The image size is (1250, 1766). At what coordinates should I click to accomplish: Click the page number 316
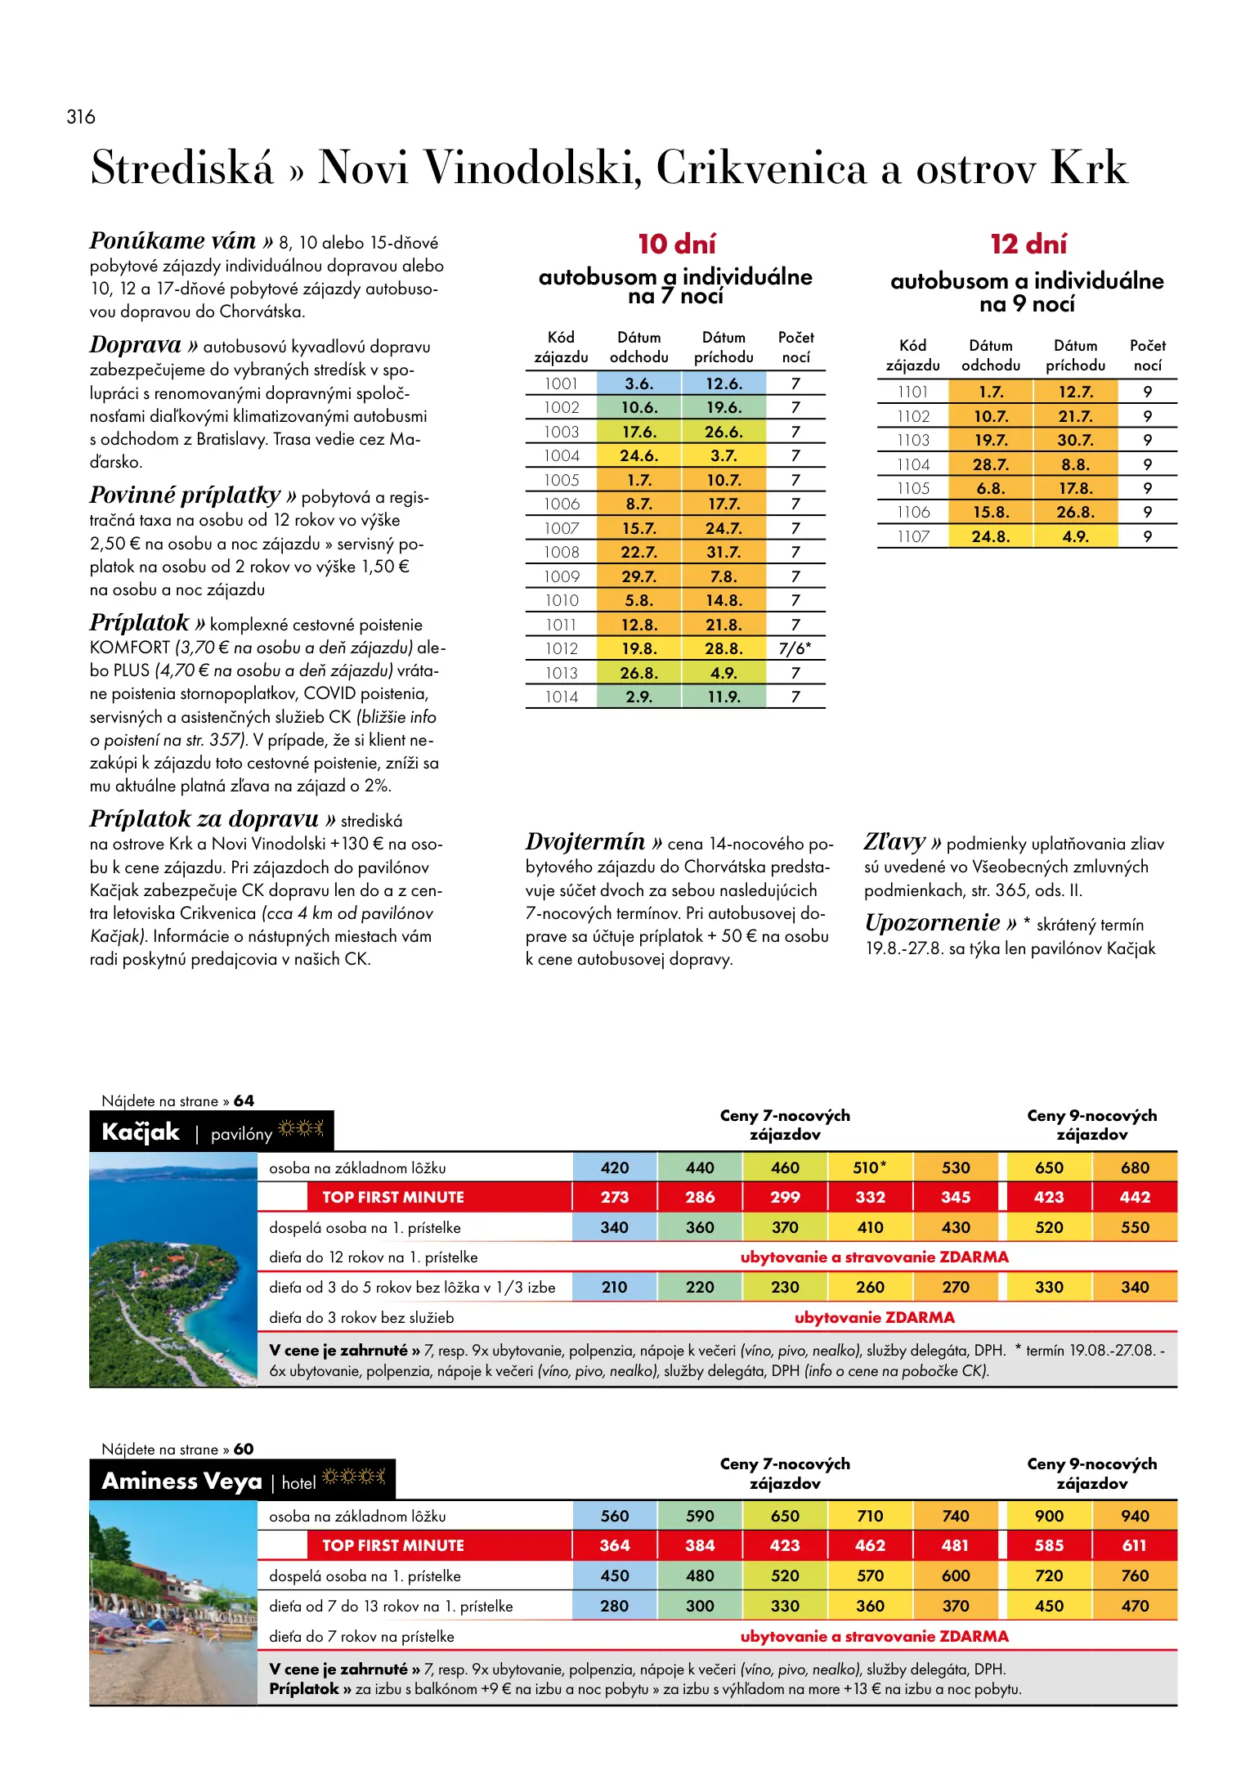81,117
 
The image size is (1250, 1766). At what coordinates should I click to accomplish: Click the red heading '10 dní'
676,244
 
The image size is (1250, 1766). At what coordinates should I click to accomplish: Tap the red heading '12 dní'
1028,244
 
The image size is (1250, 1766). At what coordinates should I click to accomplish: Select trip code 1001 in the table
562,383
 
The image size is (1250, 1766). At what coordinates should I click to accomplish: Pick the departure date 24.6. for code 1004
638,455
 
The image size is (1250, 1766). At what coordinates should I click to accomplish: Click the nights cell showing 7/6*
795,648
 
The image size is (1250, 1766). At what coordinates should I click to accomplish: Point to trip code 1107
913,536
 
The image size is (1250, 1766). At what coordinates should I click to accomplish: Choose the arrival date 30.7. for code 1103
1075,440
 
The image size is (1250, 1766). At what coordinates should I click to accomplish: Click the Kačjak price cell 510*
870,1168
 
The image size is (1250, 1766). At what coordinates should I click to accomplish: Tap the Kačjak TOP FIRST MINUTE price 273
615,1197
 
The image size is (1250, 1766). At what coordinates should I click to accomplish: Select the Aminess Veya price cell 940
1135,1516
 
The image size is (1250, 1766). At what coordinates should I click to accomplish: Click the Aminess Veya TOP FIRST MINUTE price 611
1135,1545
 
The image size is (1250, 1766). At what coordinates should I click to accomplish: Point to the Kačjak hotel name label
141,1132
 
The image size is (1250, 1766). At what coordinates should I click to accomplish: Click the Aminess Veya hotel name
181,1481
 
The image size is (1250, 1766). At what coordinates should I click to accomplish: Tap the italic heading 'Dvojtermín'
585,841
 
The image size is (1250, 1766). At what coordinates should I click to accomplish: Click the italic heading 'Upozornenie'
932,923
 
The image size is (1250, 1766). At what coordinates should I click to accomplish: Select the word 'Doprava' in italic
135,345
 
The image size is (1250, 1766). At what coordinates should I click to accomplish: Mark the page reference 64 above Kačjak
244,1100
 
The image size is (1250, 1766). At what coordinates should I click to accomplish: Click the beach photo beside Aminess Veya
173,1602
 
